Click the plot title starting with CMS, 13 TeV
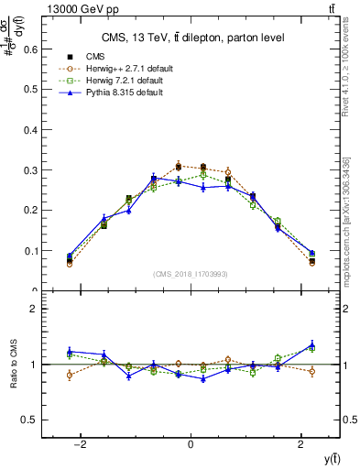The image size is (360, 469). click(x=191, y=38)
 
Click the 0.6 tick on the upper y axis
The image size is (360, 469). click(x=27, y=49)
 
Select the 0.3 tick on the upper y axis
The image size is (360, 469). click(x=27, y=170)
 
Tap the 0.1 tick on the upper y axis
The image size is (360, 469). click(x=27, y=250)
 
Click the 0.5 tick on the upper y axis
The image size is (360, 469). click(x=27, y=90)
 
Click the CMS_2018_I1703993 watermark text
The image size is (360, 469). click(x=191, y=273)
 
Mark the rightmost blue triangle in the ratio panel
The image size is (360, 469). click(x=311, y=344)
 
